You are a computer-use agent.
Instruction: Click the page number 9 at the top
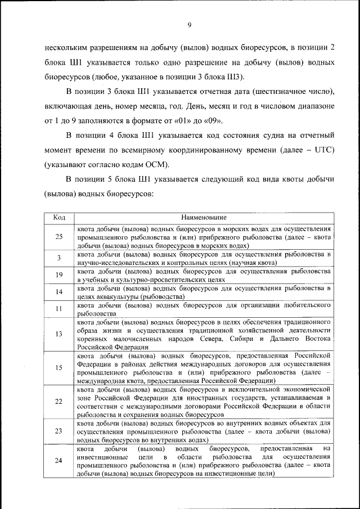[x=190, y=25]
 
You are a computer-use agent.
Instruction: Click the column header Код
[x=59, y=217]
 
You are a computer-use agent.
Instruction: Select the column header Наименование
[x=204, y=217]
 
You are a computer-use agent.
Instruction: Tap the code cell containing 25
[x=59, y=237]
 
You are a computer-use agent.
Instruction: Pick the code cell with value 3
[x=59, y=258]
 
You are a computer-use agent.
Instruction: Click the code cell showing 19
[x=59, y=274]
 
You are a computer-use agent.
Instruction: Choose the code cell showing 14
[x=59, y=291]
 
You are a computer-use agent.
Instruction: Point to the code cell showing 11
[x=59, y=309]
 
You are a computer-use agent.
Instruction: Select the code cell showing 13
[x=59, y=334]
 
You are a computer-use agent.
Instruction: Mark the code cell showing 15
[x=59, y=368]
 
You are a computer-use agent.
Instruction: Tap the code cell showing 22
[x=59, y=402]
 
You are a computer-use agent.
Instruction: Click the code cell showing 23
[x=59, y=431]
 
